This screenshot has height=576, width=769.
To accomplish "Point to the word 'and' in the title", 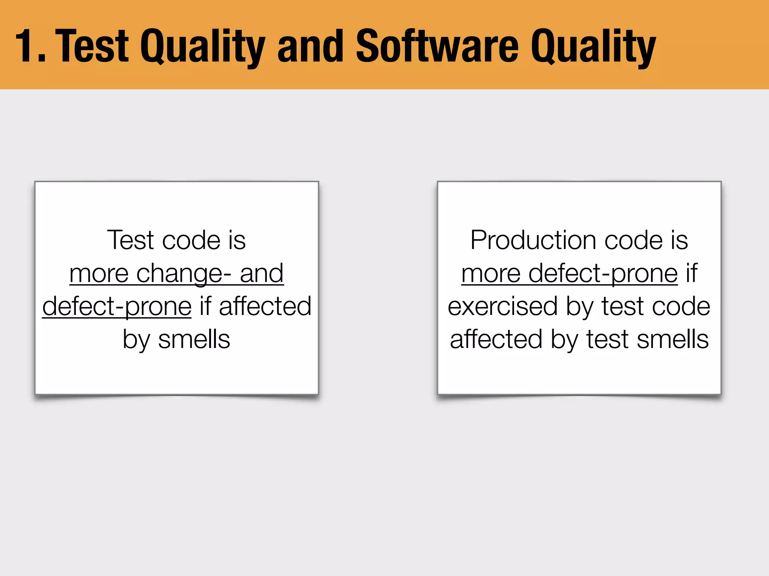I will (310, 46).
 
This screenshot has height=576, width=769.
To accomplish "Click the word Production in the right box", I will (533, 240).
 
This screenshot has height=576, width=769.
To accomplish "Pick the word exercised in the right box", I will (502, 306).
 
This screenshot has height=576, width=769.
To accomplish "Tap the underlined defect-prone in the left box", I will (117, 307).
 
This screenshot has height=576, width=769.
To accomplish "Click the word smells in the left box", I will (194, 339).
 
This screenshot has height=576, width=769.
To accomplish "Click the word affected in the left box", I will (265, 306).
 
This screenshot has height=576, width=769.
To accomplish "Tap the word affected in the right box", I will (496, 339).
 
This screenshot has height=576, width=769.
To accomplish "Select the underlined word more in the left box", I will (99, 274).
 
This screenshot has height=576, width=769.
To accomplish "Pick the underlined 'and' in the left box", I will (261, 274).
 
